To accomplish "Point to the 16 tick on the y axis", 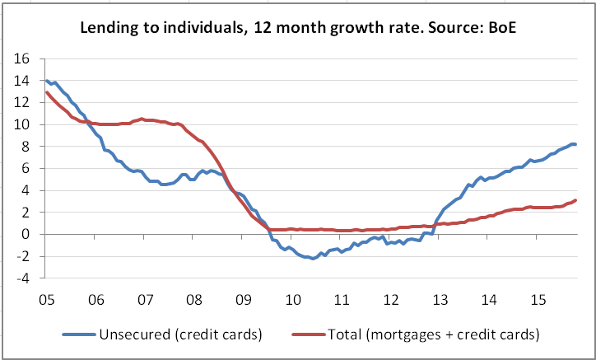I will [x=22, y=59].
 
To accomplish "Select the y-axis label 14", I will [x=22, y=81].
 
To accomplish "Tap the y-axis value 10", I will [x=22, y=124].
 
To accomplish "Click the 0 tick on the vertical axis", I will [x=26, y=234].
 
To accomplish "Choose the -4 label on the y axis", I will [x=24, y=278].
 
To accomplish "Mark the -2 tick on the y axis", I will [x=24, y=256].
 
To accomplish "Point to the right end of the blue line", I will [x=575, y=144].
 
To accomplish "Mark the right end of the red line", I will [x=575, y=200].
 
